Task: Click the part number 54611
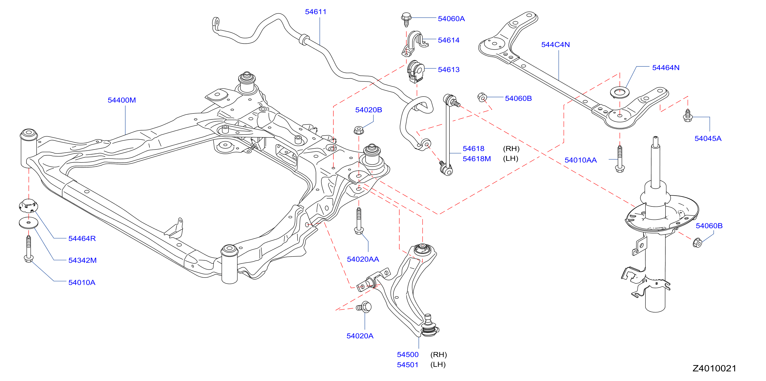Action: point(316,12)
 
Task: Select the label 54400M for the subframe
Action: point(122,100)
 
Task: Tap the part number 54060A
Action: point(451,19)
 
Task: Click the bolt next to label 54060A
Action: point(406,19)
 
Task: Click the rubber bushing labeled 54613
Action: point(416,71)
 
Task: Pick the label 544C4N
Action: point(555,45)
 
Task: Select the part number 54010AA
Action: point(580,160)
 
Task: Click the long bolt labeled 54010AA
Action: point(620,159)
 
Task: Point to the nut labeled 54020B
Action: point(359,130)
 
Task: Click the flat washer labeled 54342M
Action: point(28,223)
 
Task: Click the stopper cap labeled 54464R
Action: point(29,205)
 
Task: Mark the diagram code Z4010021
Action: point(714,368)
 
